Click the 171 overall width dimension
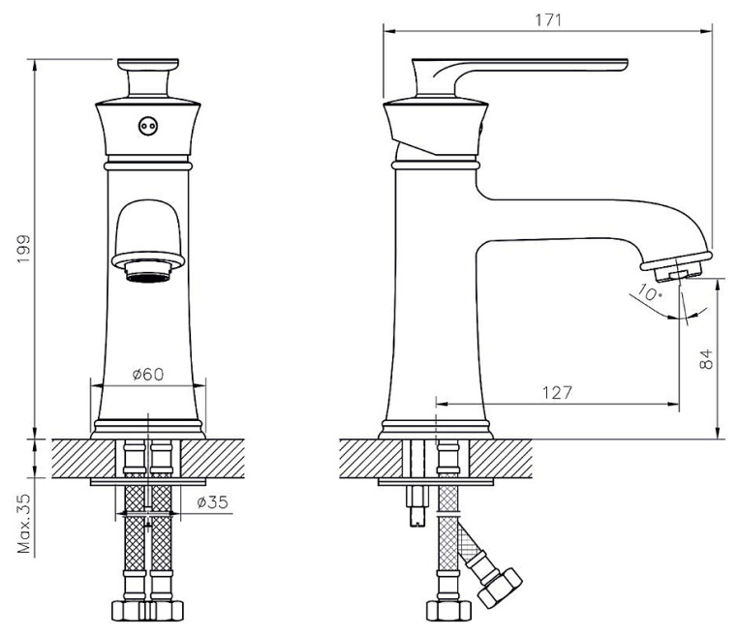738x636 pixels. pyautogui.click(x=548, y=20)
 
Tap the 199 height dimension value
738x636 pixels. pyautogui.click(x=23, y=249)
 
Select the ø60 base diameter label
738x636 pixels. pyautogui.click(x=148, y=375)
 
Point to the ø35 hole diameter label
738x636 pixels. pyautogui.click(x=213, y=502)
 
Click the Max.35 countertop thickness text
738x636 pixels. pyautogui.click(x=23, y=523)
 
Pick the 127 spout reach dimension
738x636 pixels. pyautogui.click(x=557, y=392)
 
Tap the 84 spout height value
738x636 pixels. pyautogui.click(x=706, y=359)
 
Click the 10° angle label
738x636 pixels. pyautogui.click(x=650, y=293)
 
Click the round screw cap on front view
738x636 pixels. pyautogui.click(x=148, y=126)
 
